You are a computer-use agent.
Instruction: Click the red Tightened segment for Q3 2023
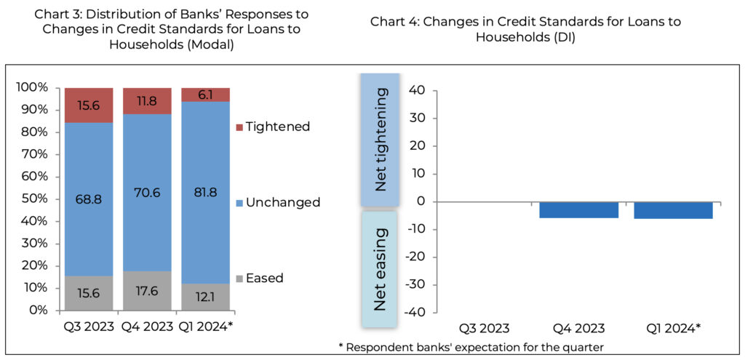(89, 105)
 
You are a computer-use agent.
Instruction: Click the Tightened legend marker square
(239, 127)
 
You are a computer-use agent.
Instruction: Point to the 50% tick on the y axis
(34, 199)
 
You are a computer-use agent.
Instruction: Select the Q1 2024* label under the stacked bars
(206, 327)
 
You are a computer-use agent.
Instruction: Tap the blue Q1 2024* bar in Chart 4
(673, 210)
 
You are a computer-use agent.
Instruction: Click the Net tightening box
(380, 140)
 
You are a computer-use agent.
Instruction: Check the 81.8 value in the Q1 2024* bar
(205, 194)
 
